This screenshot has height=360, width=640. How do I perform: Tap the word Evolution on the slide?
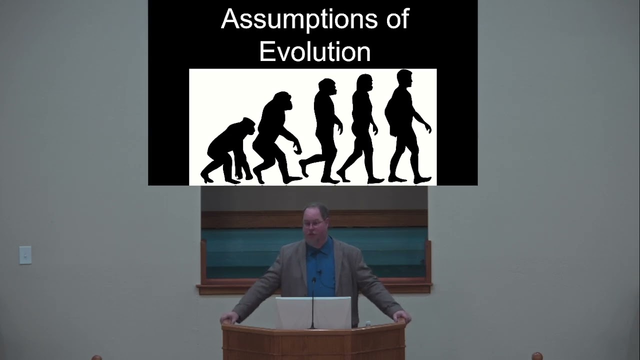(x=315, y=52)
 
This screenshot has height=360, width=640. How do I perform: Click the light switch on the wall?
(x=25, y=255)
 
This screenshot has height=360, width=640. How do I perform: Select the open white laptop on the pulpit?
(x=313, y=312)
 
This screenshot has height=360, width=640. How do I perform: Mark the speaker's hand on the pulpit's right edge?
(x=401, y=316)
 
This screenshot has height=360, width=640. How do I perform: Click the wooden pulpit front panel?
(x=313, y=345)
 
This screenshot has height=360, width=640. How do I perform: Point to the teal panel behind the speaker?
(x=250, y=250)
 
